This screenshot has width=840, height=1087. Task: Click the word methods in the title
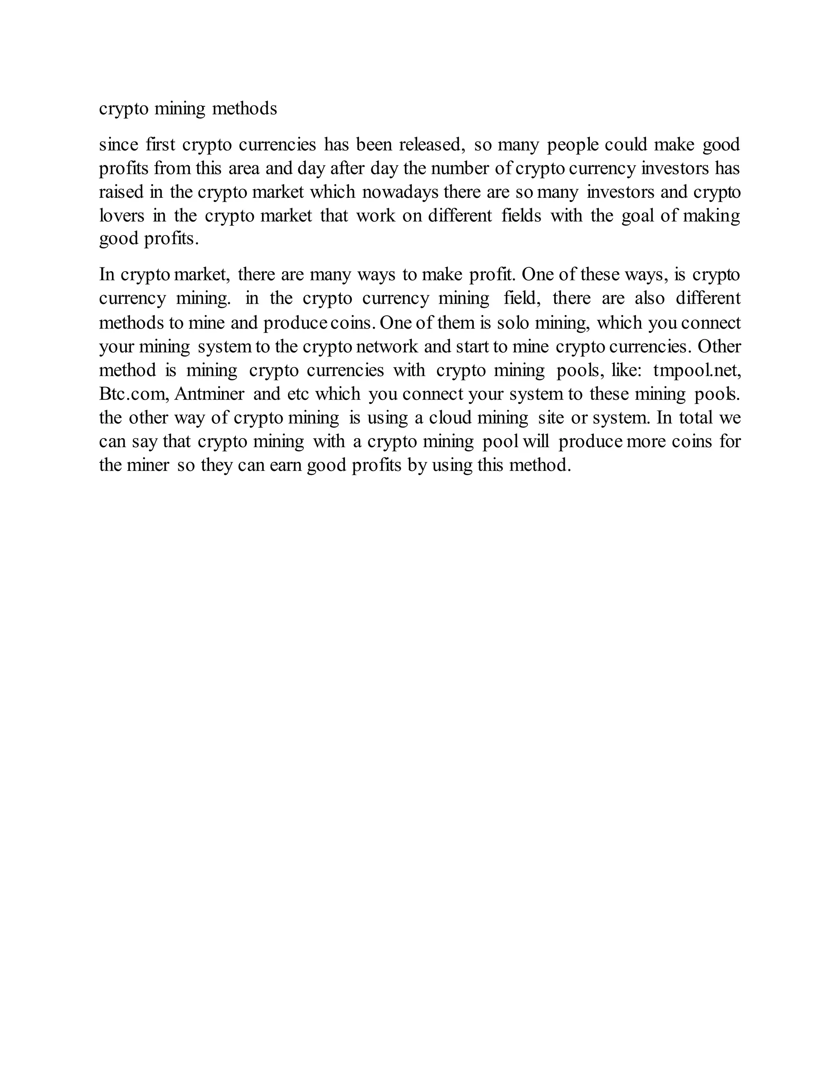tap(244, 108)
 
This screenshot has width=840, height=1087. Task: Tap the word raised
tap(121, 192)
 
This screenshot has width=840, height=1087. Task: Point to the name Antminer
tap(210, 394)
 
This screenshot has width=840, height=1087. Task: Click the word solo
tap(513, 323)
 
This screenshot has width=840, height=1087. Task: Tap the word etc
tap(298, 394)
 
